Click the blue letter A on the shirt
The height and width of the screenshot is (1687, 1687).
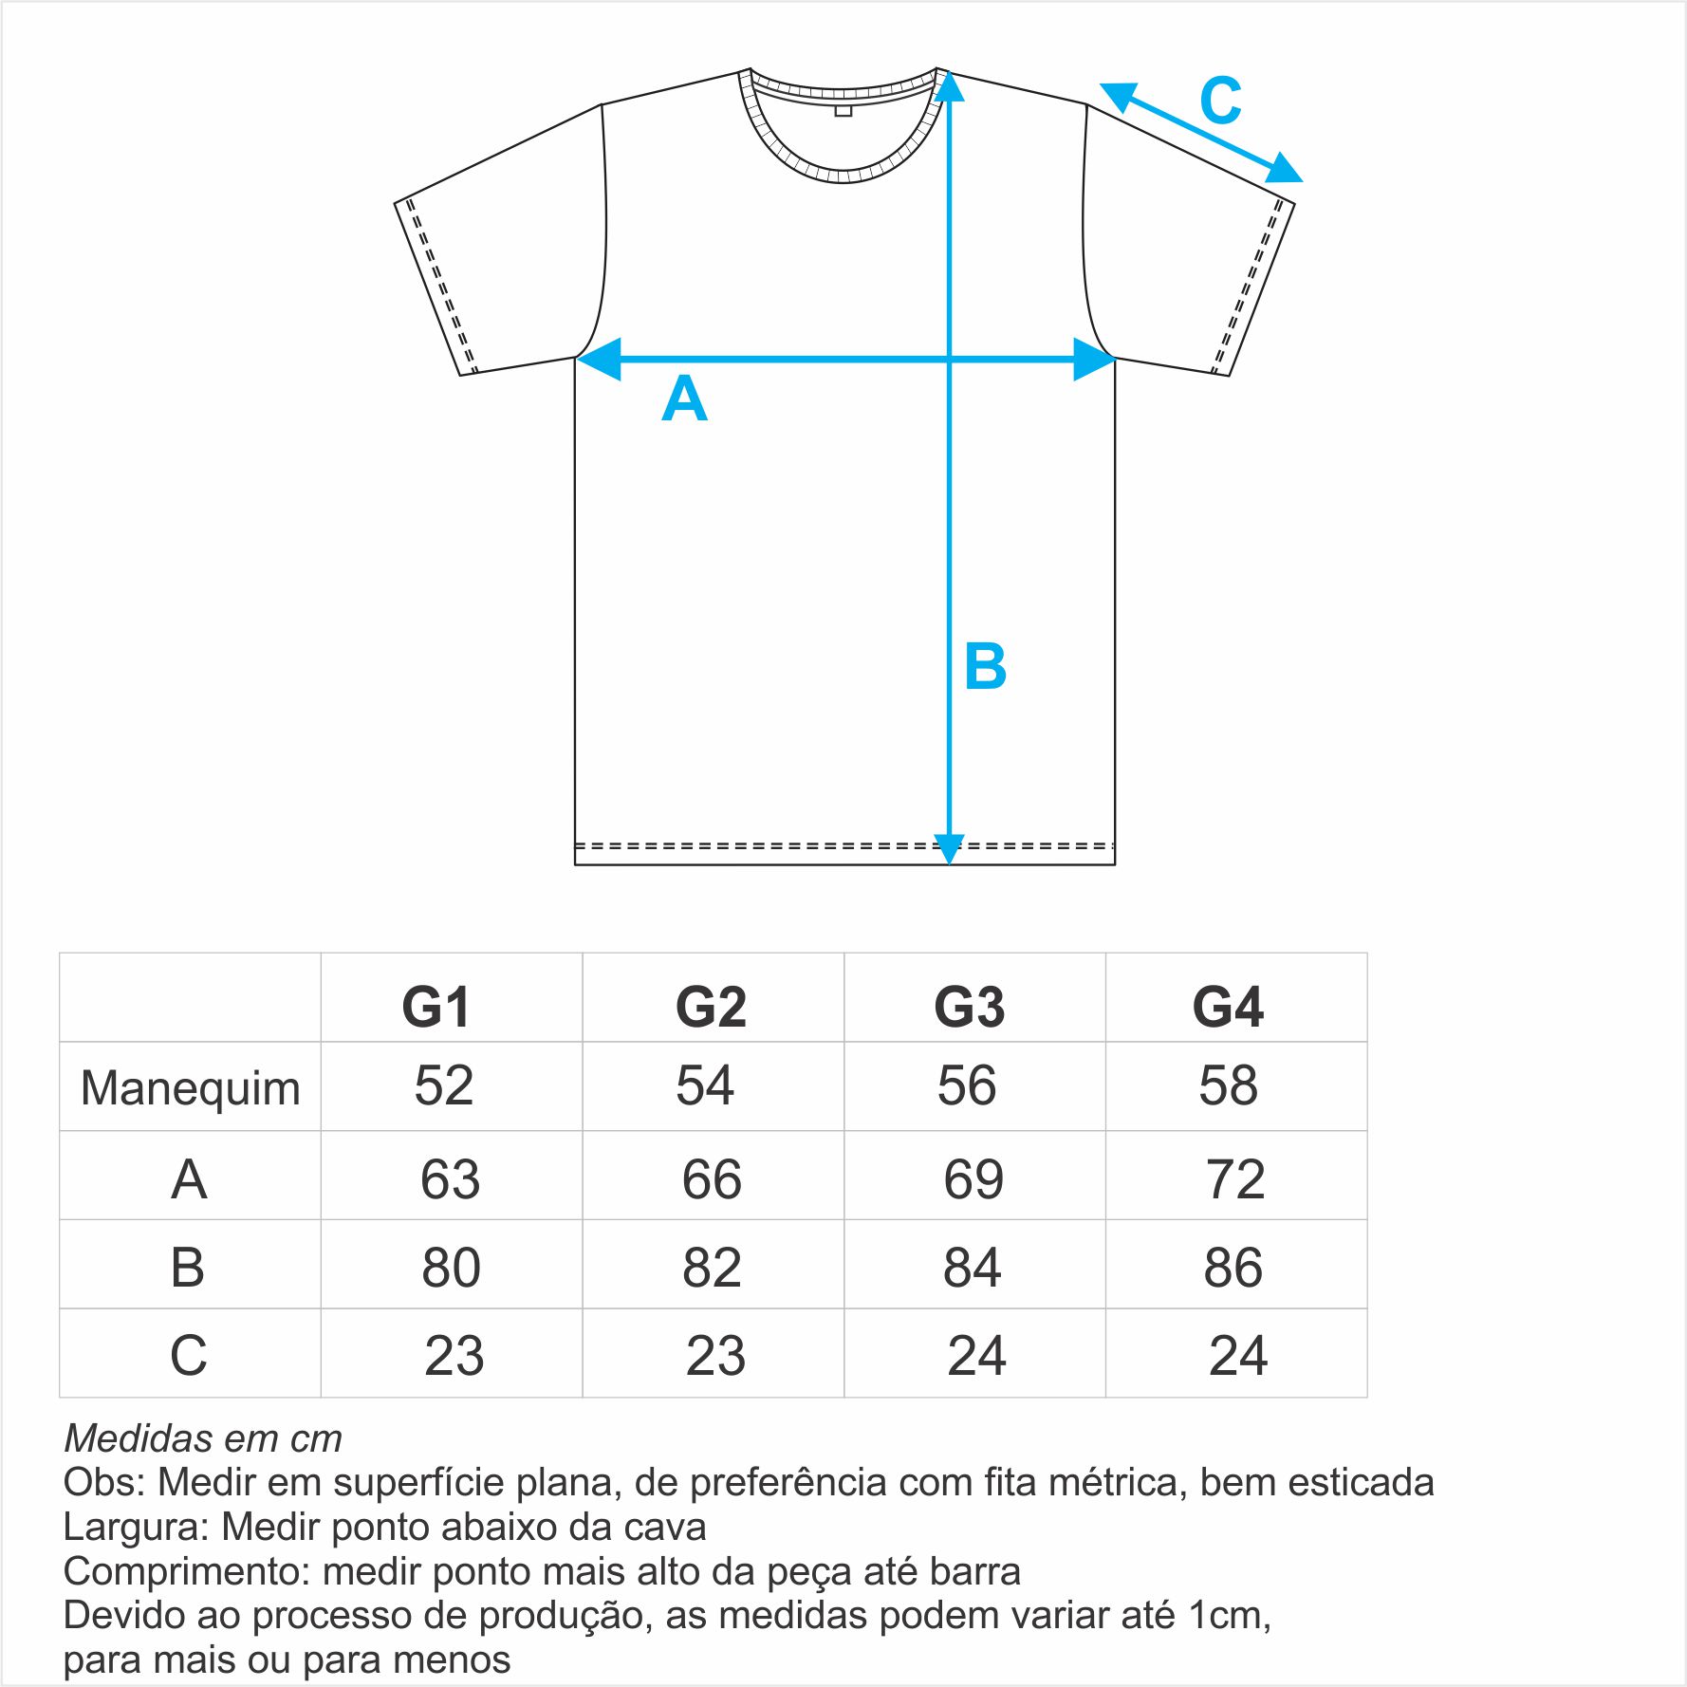(x=684, y=399)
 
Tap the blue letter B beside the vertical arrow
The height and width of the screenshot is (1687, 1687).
(x=985, y=666)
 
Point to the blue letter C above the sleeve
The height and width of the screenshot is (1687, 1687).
(x=1220, y=101)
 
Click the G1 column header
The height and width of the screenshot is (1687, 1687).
(x=436, y=1007)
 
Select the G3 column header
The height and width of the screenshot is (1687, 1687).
(x=969, y=1007)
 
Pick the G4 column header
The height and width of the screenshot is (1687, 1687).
(x=1228, y=1007)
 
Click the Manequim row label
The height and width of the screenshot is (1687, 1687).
(x=191, y=1088)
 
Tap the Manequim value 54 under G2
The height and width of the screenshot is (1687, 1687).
(x=705, y=1085)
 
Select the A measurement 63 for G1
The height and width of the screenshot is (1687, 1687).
(x=451, y=1179)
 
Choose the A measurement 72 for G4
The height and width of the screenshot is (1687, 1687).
(x=1235, y=1179)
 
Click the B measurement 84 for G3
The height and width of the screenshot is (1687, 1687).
(x=973, y=1267)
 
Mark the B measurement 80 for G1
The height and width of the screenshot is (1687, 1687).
(x=452, y=1267)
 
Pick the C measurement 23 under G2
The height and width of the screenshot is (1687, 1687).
(x=715, y=1356)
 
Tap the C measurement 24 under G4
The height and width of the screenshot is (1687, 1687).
(x=1238, y=1356)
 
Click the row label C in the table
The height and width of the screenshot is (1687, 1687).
(x=189, y=1355)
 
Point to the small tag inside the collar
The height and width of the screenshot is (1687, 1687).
(x=843, y=111)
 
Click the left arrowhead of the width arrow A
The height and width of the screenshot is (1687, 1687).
(x=599, y=360)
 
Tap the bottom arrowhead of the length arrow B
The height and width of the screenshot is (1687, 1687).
(x=949, y=849)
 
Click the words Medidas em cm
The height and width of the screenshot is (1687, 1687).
(x=203, y=1438)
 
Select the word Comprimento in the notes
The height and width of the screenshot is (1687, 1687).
(x=187, y=1572)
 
